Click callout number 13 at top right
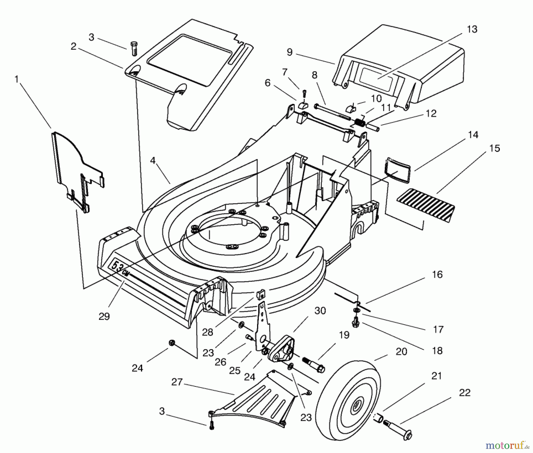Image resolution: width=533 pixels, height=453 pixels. pos(472,30)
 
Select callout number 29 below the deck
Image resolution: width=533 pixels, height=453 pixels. pos(104,316)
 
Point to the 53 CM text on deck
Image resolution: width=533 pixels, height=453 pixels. pos(120,267)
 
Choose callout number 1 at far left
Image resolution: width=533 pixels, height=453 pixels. pos(17,79)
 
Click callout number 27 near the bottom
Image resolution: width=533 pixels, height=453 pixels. pos(177,382)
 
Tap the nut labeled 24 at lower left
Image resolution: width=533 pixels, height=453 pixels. pos(171,343)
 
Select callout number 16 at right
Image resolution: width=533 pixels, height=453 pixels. pos(437,275)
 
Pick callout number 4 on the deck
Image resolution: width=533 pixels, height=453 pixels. pos(152,161)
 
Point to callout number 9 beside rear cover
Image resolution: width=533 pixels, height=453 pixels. pos(290,52)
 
